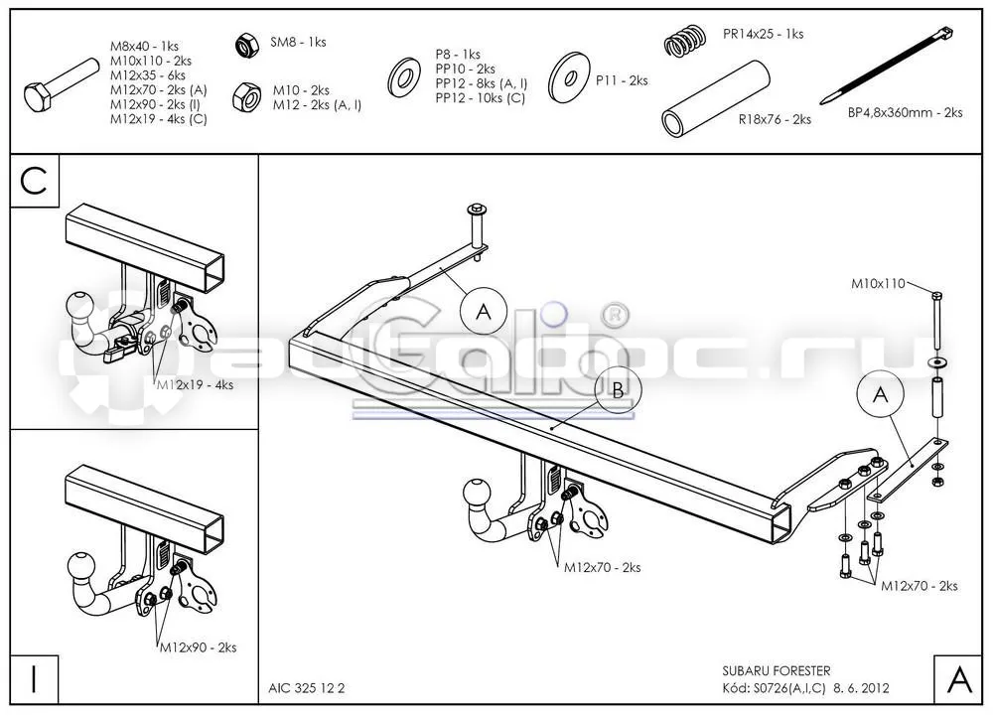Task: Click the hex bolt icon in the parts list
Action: click(x=61, y=84)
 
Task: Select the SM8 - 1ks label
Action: click(x=298, y=43)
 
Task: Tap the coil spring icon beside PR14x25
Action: click(x=684, y=40)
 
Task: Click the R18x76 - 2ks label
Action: click(x=775, y=119)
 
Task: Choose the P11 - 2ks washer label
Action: click(x=622, y=80)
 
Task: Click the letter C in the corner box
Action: click(x=34, y=181)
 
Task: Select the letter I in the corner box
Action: click(x=34, y=678)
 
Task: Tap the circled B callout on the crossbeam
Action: click(x=618, y=389)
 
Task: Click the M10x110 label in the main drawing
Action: click(x=878, y=284)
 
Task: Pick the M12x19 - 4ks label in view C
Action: click(x=195, y=385)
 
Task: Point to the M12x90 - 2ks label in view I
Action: click(x=198, y=647)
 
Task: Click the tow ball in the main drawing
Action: click(x=477, y=492)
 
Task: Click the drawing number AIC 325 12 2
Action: click(x=307, y=688)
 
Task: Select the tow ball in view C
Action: click(x=79, y=307)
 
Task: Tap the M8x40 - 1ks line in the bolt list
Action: click(x=144, y=47)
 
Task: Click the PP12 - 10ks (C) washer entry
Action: click(x=480, y=98)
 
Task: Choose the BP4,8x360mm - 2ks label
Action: click(x=905, y=112)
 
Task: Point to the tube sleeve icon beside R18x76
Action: click(x=716, y=98)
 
